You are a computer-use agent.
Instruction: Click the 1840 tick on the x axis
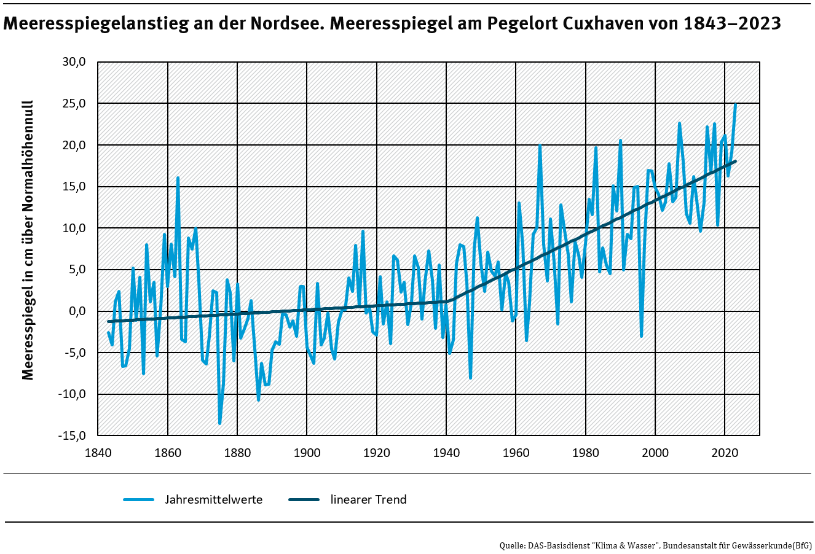[98, 453]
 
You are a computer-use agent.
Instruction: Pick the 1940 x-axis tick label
[446, 453]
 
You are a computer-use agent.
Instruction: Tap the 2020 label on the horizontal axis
[725, 453]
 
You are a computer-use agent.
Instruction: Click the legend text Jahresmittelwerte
[213, 499]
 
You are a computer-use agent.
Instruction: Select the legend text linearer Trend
[368, 499]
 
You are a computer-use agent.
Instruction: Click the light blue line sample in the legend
[138, 499]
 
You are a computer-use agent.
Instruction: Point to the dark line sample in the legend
[304, 499]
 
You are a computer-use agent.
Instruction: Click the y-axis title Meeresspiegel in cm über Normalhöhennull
[28, 240]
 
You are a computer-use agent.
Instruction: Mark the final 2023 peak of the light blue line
[735, 104]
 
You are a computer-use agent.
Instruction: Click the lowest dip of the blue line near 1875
[219, 423]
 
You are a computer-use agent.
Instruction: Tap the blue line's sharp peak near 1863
[178, 178]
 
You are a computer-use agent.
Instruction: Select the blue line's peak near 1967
[540, 146]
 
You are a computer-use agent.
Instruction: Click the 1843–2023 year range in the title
[731, 24]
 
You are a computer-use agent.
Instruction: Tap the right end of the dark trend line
[735, 162]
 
